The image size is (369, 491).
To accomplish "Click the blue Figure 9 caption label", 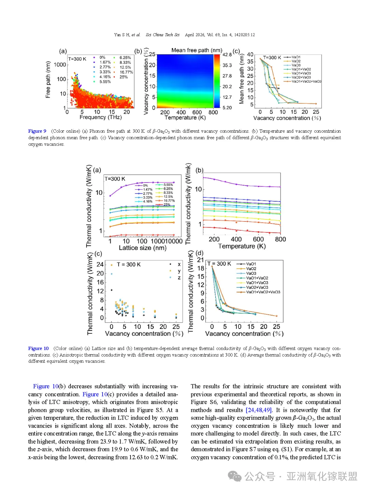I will point(37,131).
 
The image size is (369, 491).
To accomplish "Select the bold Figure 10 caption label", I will point(38,348).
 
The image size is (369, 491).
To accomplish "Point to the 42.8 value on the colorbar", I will point(227,55).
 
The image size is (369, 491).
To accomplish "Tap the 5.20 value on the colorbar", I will point(227,108).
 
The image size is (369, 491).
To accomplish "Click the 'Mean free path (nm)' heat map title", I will point(197,50).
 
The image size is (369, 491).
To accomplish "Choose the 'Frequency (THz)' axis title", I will point(100,117).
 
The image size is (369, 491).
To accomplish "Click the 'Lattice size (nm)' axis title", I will point(142,248).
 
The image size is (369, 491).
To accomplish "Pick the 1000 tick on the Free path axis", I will point(60,64).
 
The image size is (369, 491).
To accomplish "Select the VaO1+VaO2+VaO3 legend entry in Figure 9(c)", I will point(306,82).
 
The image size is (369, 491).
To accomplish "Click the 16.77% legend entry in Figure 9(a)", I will point(126,72).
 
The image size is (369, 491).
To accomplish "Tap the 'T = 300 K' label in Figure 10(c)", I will point(128,264).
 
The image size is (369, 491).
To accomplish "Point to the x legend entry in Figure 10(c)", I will point(179,264).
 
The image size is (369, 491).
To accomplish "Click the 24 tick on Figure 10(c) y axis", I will point(100,264).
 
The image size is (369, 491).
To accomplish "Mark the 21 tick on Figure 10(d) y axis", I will point(201,260).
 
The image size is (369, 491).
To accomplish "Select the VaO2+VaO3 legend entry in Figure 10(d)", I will point(257,287).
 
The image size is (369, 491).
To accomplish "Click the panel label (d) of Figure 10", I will point(200,253).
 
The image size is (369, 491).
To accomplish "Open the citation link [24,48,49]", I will point(259,410).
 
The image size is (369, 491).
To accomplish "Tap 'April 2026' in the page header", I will point(194,35).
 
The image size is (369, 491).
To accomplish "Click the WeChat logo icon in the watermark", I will point(235,476).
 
